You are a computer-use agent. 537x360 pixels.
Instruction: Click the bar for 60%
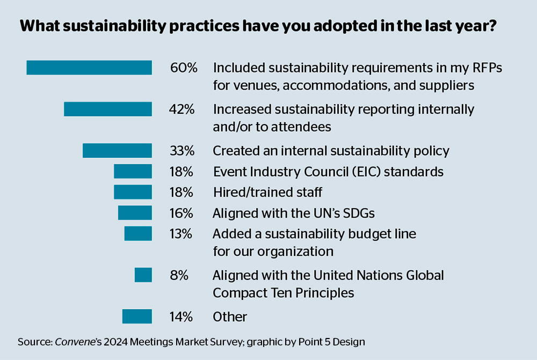pos(89,68)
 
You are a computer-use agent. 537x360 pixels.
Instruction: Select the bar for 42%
pos(107,109)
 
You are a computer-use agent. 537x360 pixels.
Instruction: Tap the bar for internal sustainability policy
pos(117,150)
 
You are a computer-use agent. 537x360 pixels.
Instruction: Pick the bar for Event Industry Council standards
pos(133,171)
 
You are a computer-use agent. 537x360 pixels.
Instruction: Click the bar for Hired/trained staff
pos(133,192)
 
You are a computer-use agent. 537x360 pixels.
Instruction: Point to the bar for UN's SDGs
pos(135,213)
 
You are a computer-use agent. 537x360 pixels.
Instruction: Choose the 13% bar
pos(138,234)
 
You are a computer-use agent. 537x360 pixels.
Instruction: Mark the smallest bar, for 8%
pos(143,275)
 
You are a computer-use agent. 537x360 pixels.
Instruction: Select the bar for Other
pos(137,316)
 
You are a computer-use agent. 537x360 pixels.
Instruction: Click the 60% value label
pos(184,68)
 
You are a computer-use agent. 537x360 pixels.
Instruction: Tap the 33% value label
pos(182,150)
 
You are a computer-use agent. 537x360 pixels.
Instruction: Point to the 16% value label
pos(182,213)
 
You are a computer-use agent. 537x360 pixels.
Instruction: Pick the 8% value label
pos(179,275)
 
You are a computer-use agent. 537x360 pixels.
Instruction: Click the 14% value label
pos(182,316)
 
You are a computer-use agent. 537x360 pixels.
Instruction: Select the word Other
pos(230,316)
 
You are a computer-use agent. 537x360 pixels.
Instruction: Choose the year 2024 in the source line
pos(115,342)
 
